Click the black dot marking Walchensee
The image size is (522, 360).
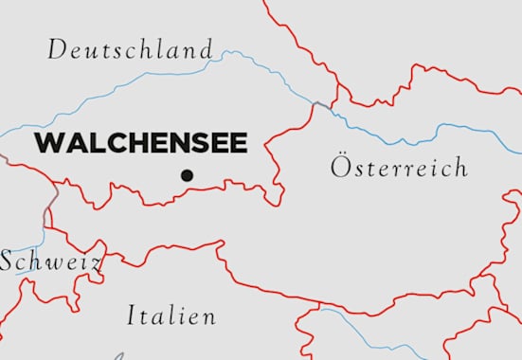pyautogui.click(x=187, y=174)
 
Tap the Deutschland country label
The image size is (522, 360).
pyautogui.click(x=131, y=49)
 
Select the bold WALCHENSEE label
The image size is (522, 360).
pyautogui.click(x=141, y=143)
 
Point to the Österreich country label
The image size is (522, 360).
pyautogui.click(x=399, y=168)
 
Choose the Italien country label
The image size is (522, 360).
pyautogui.click(x=171, y=316)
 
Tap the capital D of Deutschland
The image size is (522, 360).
pyautogui.click(x=57, y=49)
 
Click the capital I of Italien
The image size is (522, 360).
pyautogui.click(x=132, y=316)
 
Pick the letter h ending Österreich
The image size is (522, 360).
pyautogui.click(x=459, y=168)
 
